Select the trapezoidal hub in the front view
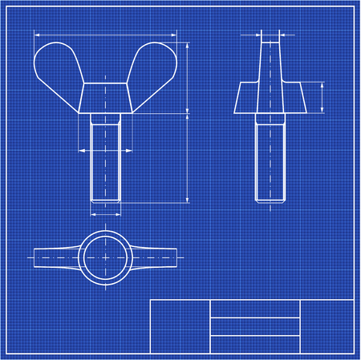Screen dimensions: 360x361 [x=105, y=98]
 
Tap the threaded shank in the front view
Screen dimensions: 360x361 [x=105, y=160]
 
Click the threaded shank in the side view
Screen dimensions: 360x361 [x=271, y=160]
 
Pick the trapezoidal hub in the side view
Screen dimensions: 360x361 [x=271, y=98]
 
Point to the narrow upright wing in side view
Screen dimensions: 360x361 [x=271, y=60]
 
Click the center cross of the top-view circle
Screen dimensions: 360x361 [x=106, y=257]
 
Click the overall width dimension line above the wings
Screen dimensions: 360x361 [x=105, y=35]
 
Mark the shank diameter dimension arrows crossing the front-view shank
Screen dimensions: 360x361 [x=105, y=149]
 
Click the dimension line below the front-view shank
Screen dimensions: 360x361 [x=105, y=214]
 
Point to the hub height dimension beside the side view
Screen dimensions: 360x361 [x=322, y=98]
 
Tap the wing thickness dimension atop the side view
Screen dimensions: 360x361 [x=271, y=34]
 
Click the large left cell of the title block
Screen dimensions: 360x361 [x=180, y=326]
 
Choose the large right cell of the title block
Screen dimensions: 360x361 [x=327, y=326]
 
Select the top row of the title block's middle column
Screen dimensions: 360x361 [x=254, y=309]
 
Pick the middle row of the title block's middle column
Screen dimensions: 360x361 [x=254, y=326]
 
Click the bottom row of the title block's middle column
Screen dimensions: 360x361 [x=254, y=344]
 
